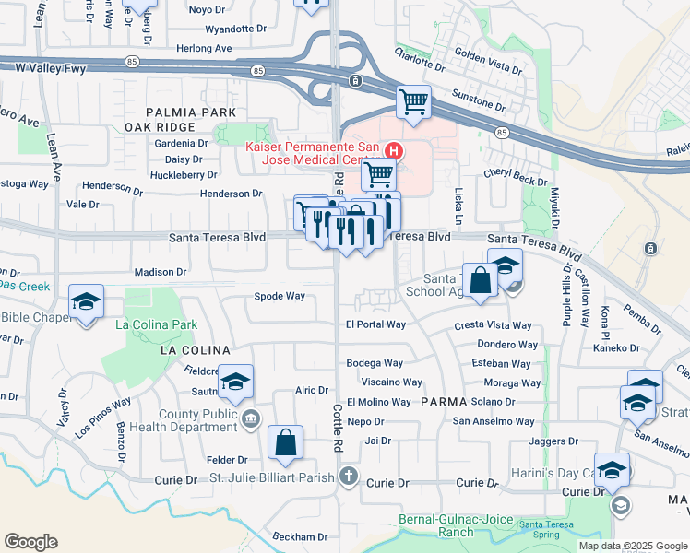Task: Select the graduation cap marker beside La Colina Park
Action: [x=86, y=301]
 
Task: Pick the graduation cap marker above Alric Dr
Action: [x=235, y=382]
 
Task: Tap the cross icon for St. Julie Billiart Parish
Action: [x=347, y=477]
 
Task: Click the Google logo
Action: [x=30, y=542]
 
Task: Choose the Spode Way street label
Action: [x=280, y=296]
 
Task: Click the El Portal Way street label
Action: [x=375, y=324]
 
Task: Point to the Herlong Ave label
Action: [x=205, y=48]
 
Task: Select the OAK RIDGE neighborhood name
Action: [x=160, y=127]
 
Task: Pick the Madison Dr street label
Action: [x=161, y=272]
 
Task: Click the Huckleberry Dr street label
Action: [x=184, y=174]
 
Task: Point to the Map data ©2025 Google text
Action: [x=632, y=546]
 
